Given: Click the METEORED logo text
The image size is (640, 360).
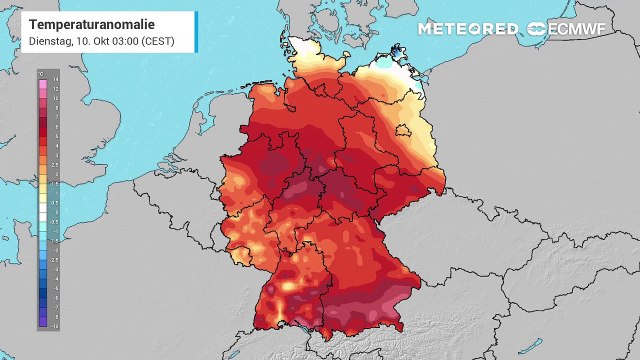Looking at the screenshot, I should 467,28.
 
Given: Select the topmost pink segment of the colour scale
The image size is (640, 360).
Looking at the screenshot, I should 41,78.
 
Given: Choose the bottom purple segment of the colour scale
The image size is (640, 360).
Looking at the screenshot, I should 41,324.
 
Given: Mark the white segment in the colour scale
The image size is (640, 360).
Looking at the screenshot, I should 41,200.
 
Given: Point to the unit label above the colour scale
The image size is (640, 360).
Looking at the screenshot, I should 41,71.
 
